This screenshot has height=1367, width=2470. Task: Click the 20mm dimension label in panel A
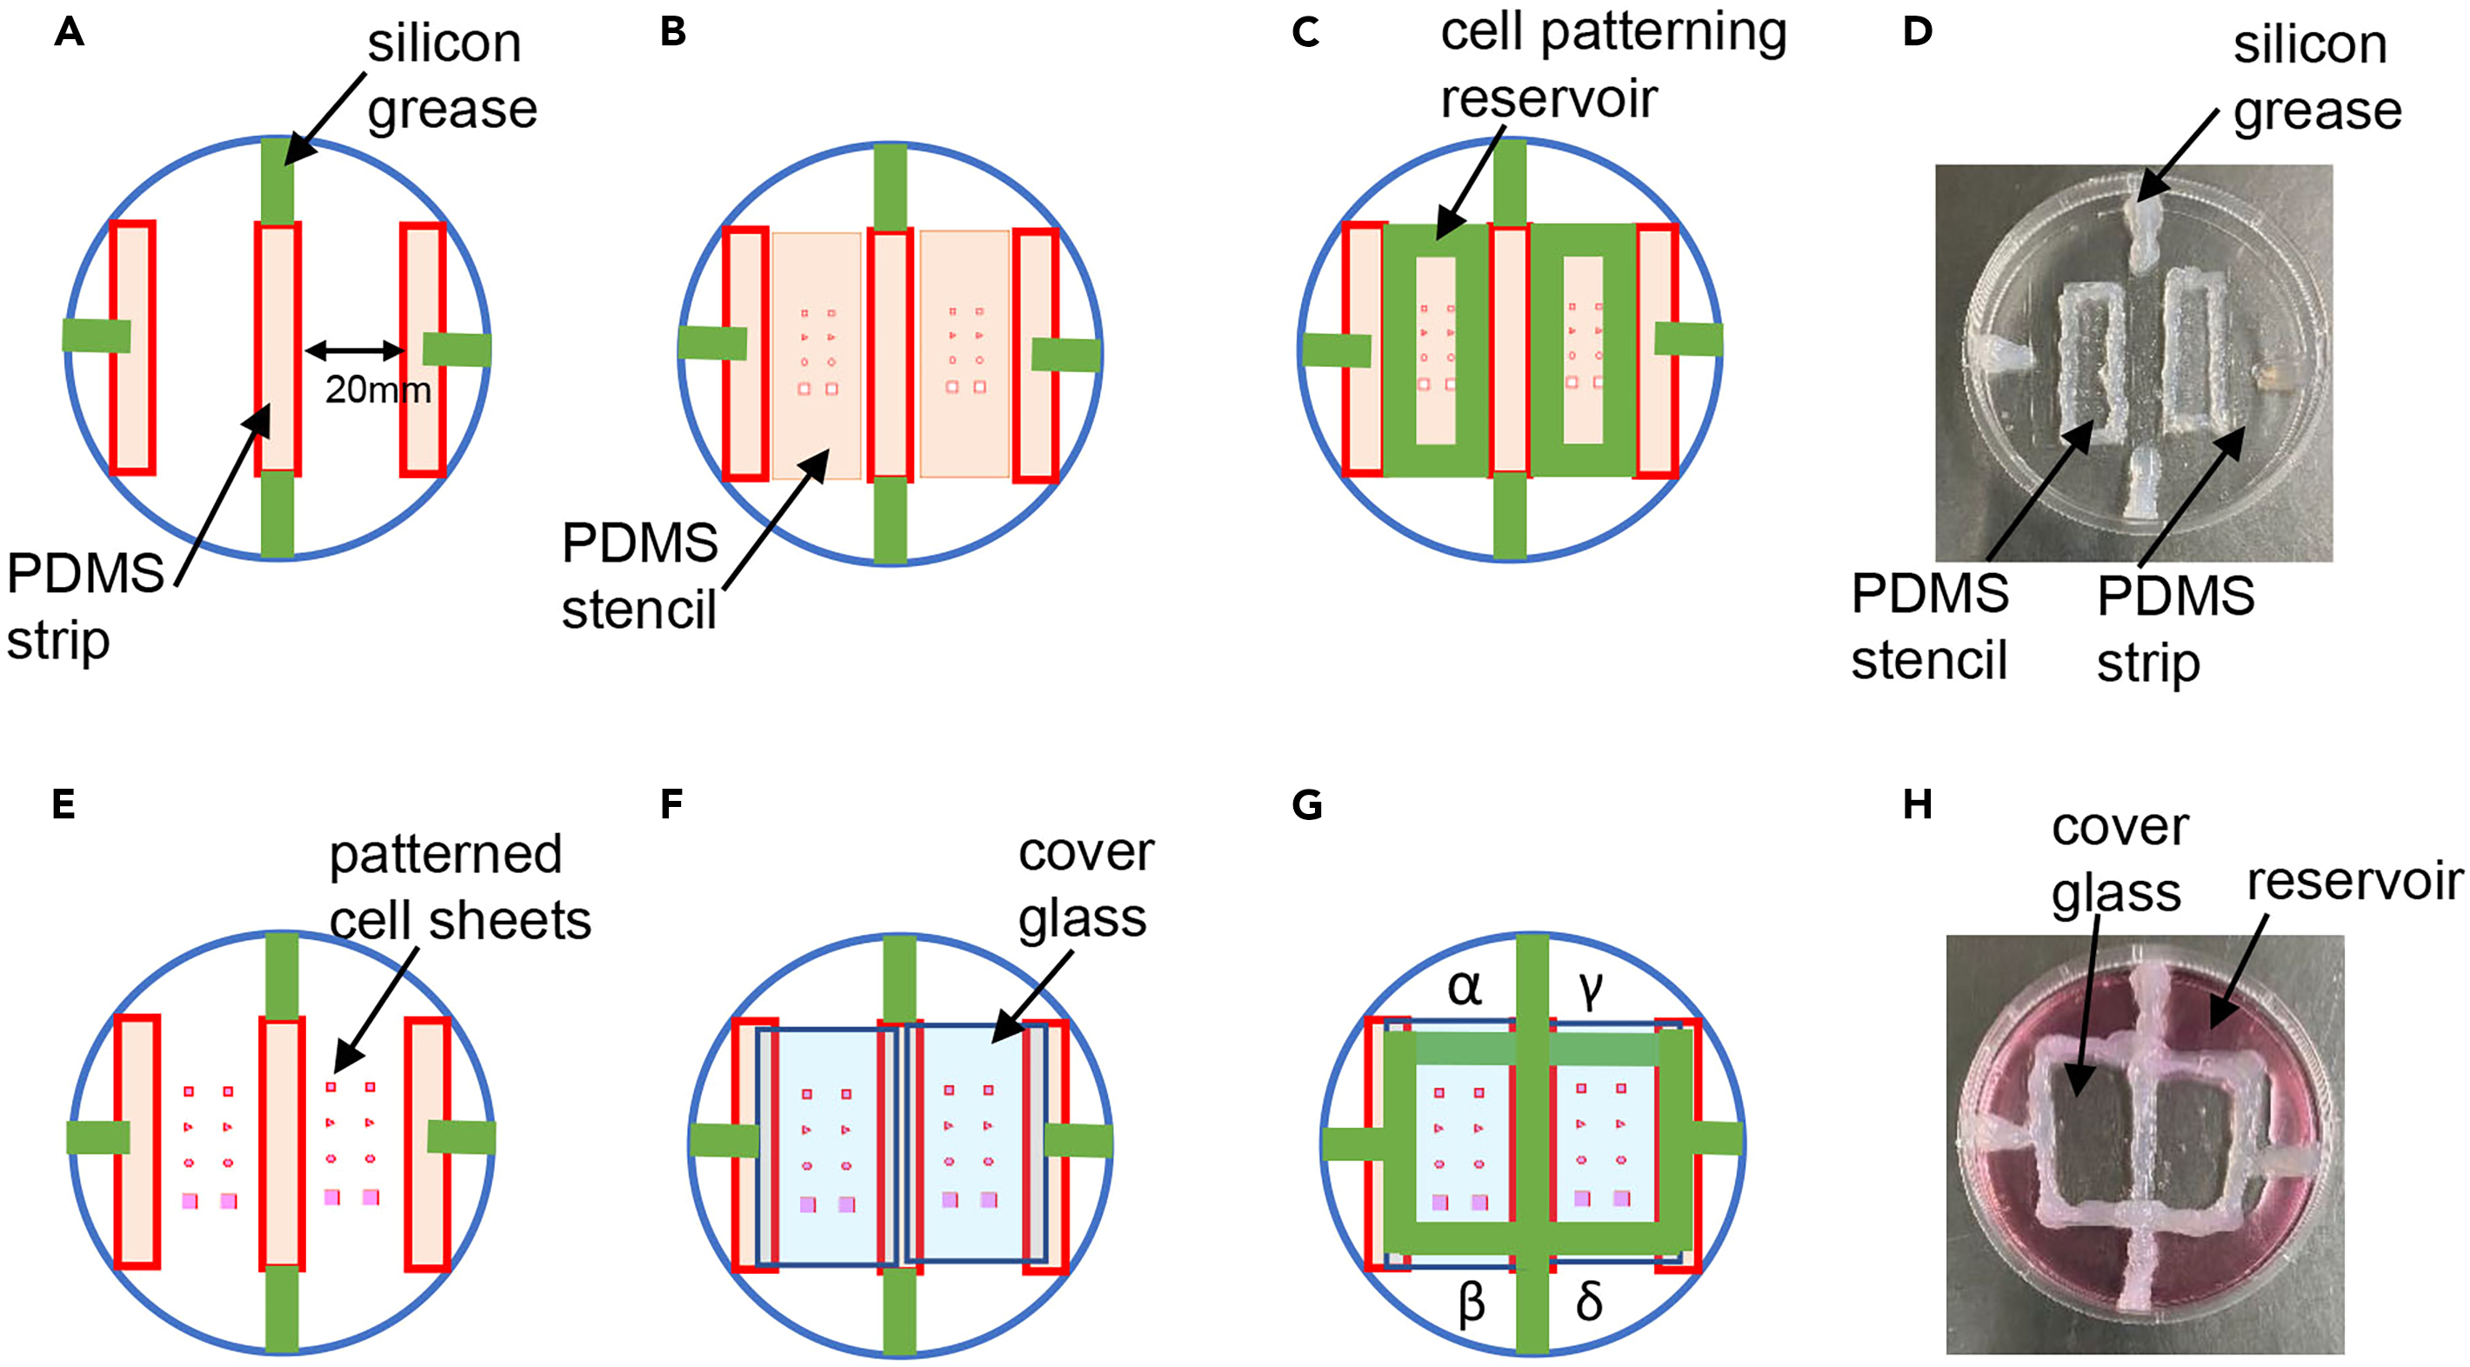coord(377,390)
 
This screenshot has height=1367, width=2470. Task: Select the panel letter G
coord(1306,805)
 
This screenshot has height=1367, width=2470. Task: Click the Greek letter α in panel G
coord(1464,987)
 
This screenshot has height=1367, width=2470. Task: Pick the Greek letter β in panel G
coord(1471,1304)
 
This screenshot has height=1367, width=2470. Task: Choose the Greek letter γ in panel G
coord(1590,990)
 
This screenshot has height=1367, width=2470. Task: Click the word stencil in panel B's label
coord(638,610)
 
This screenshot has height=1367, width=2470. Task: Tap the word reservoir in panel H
coord(2354,882)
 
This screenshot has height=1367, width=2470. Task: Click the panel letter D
coord(1918,32)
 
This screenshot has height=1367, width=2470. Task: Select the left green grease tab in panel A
coord(96,336)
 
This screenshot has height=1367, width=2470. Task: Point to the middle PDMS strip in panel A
coord(278,349)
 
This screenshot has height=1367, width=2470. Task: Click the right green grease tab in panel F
coord(1078,1141)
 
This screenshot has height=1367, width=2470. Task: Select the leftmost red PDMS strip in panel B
coord(745,354)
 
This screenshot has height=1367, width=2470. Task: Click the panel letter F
coord(671,805)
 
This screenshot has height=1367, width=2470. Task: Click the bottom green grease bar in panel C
coord(1509,516)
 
